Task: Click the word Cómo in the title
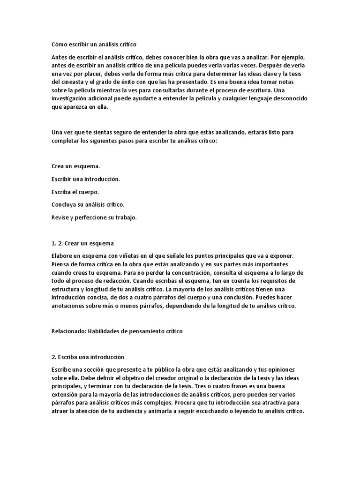59,44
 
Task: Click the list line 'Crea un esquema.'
75,166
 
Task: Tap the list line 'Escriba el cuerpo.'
75,192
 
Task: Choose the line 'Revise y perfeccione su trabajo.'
94,217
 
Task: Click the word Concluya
65,204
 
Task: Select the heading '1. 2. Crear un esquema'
82,243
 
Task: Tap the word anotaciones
69,306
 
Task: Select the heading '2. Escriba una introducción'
88,357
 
